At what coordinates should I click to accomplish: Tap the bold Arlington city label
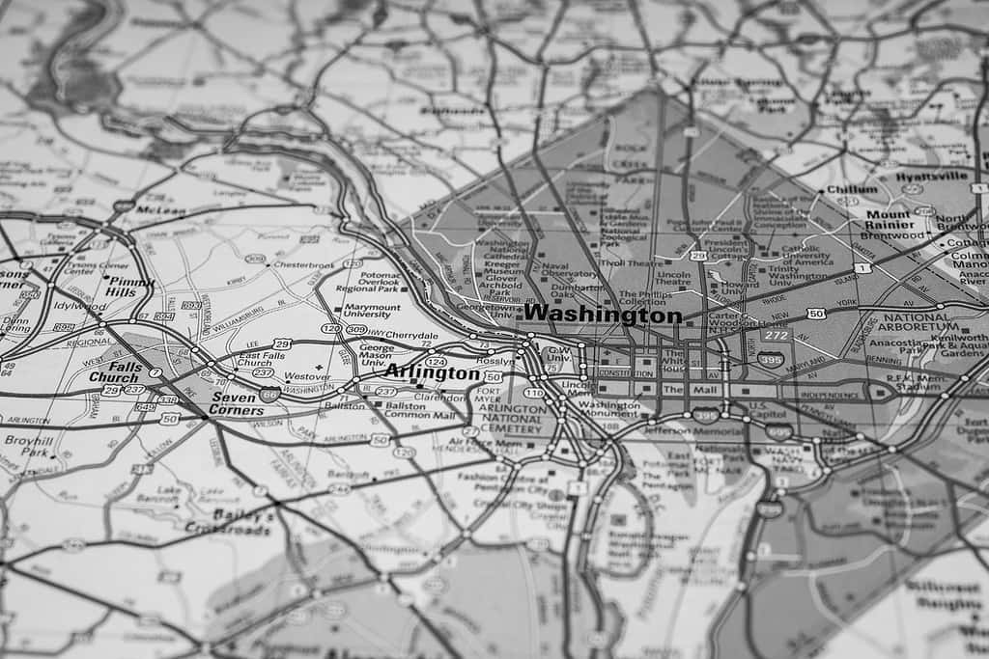431,372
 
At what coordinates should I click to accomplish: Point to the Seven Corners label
237,403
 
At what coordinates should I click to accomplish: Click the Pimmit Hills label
129,286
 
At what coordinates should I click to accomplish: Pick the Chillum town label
851,190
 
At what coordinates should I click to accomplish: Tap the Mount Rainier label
888,220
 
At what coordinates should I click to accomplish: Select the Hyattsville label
930,177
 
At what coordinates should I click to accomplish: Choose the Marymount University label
372,312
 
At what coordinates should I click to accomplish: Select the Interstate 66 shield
269,394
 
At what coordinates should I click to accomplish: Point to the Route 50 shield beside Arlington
493,376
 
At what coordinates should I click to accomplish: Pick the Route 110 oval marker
533,393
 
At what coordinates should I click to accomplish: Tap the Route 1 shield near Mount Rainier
862,266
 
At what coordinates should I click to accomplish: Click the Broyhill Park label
28,446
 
